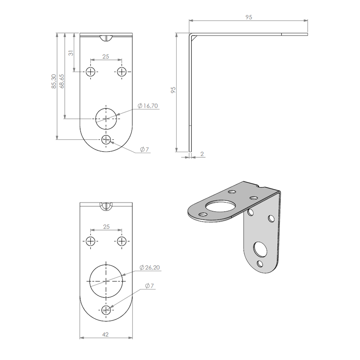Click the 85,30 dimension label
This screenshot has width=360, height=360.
pyautogui.click(x=54, y=81)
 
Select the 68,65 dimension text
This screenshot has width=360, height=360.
pyautogui.click(x=62, y=81)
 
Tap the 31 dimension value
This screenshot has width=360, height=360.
pyautogui.click(x=71, y=53)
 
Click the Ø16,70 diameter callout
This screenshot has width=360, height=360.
pyautogui.click(x=148, y=106)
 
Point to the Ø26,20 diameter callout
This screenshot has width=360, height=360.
pyautogui.click(x=150, y=267)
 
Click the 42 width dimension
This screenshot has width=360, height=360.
pyautogui.click(x=105, y=335)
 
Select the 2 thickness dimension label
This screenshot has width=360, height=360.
pyautogui.click(x=202, y=154)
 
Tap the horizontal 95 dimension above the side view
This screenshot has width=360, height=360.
pyautogui.click(x=249, y=17)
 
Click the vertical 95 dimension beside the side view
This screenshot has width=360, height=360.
pyautogui.click(x=173, y=90)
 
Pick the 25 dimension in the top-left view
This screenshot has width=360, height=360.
pyautogui.click(x=105, y=57)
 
